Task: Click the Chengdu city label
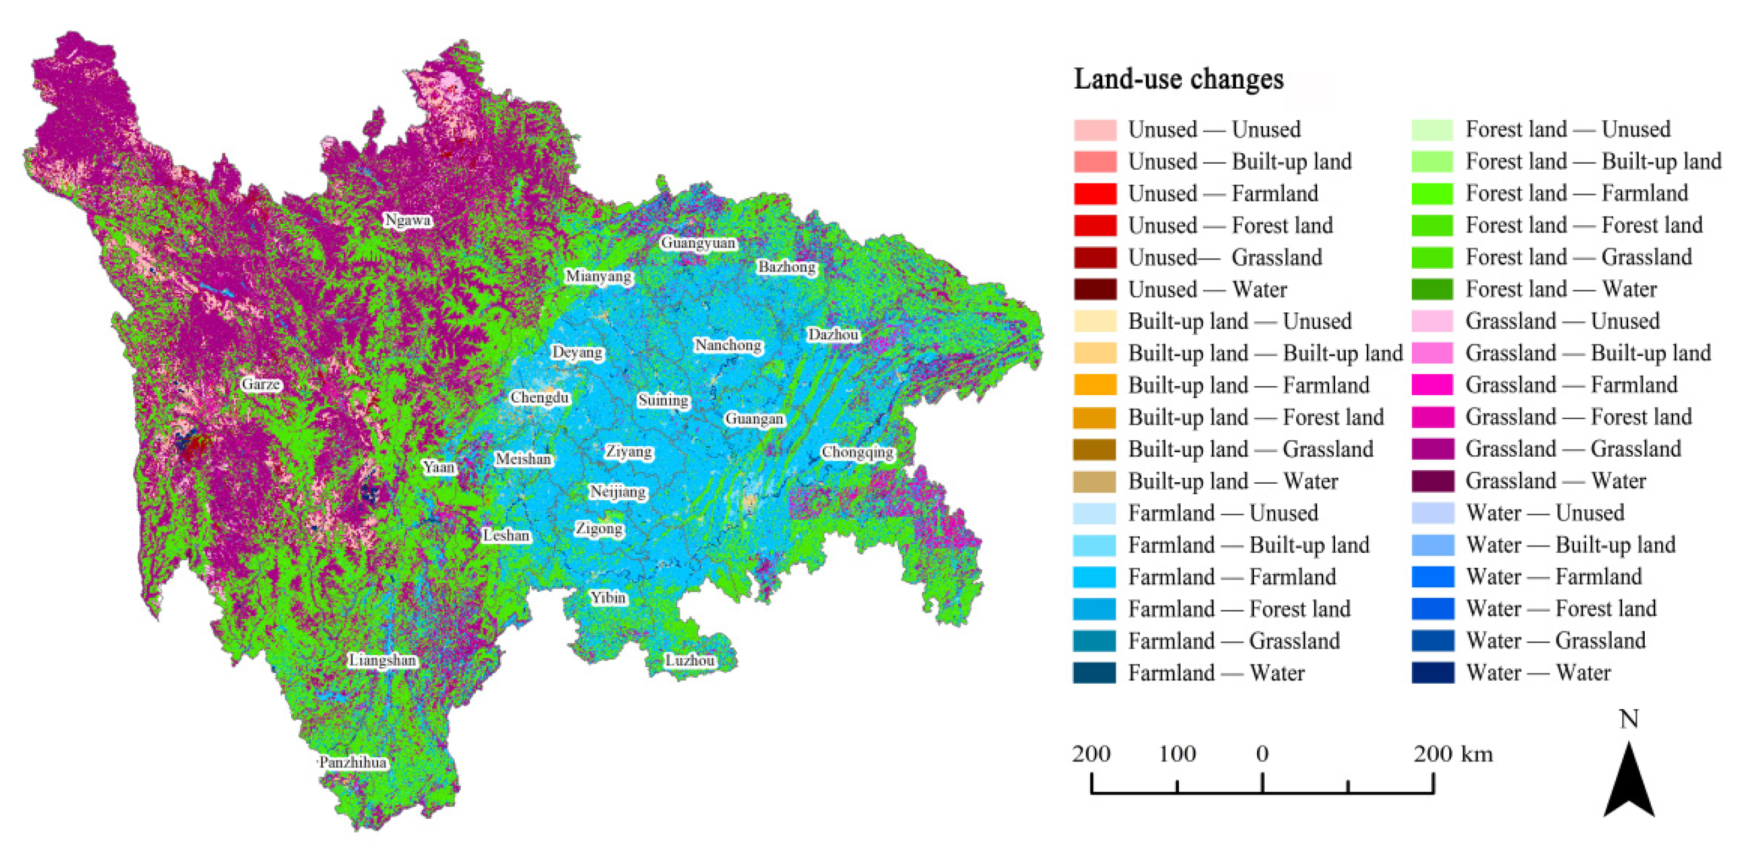click(539, 397)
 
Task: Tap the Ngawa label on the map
click(407, 220)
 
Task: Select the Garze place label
click(261, 385)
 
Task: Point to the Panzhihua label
click(352, 762)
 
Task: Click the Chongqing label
click(857, 452)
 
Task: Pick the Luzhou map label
click(689, 660)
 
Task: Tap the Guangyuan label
click(698, 242)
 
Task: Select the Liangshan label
click(382, 660)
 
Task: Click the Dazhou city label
click(833, 334)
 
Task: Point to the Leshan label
click(506, 535)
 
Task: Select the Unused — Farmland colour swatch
click(1094, 194)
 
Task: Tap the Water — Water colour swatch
click(1432, 673)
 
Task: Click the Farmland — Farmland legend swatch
click(1094, 577)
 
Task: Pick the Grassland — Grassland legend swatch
click(1432, 449)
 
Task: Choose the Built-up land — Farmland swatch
click(1094, 385)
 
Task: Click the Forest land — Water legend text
click(1560, 289)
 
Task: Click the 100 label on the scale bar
click(1177, 753)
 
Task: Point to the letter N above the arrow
click(1629, 719)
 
